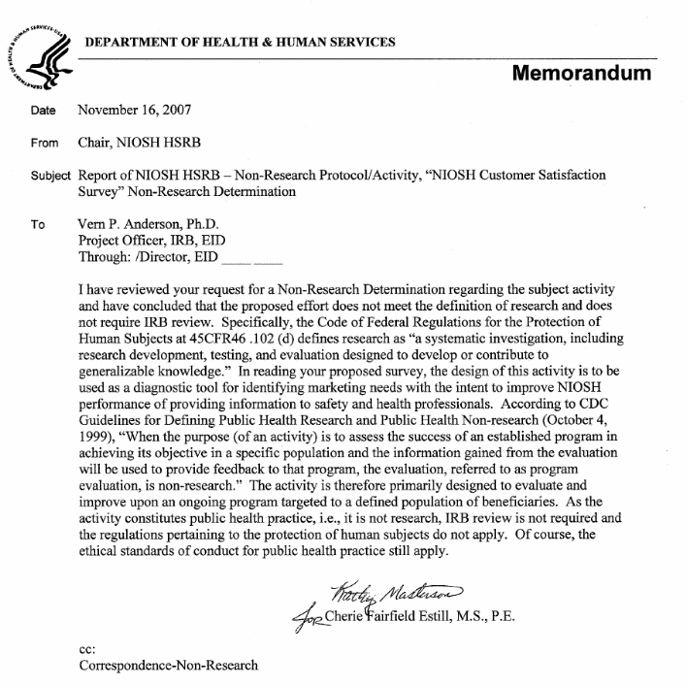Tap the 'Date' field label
[x=43, y=112]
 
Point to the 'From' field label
[x=44, y=144]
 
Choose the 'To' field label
[x=38, y=224]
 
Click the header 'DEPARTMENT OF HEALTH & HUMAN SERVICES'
[x=240, y=42]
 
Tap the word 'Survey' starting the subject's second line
[x=101, y=192]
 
